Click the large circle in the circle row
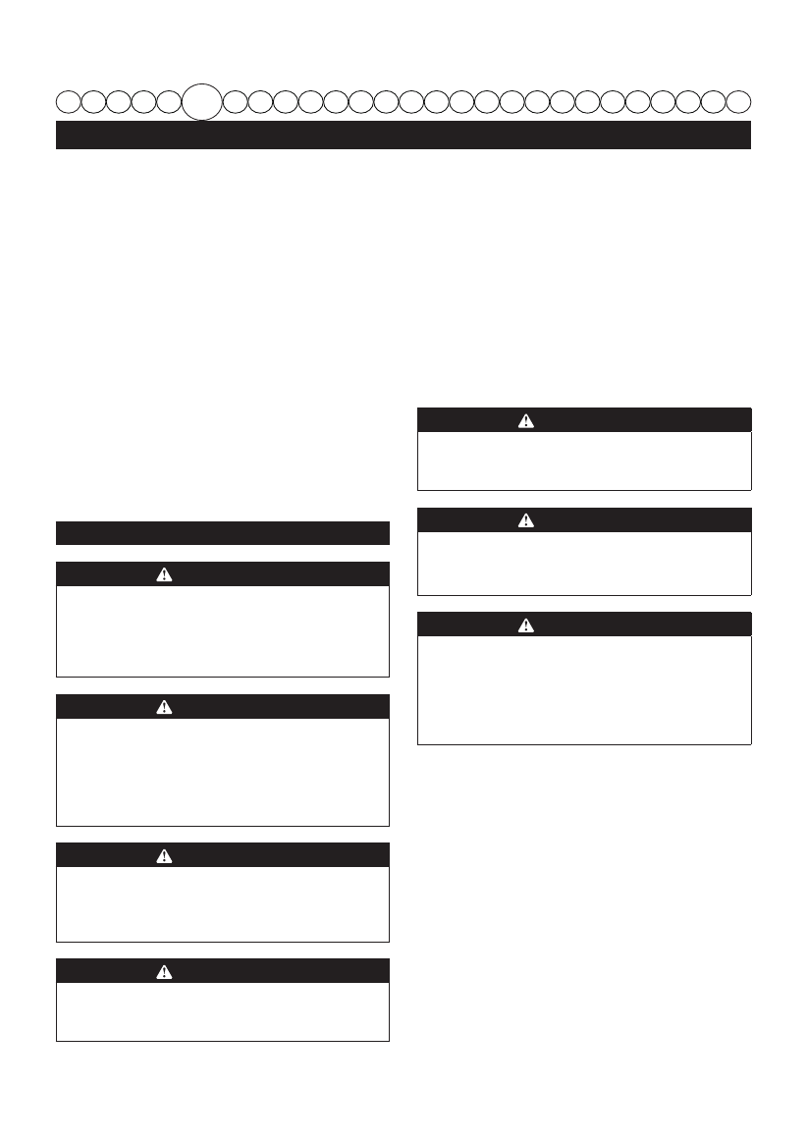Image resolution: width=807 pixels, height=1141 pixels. tap(202, 100)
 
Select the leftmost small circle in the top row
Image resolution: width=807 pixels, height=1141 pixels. tap(69, 100)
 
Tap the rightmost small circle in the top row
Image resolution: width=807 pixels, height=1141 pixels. tap(738, 100)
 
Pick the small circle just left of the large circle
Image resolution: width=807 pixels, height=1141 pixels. tap(169, 100)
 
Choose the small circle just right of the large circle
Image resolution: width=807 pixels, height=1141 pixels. tap(236, 100)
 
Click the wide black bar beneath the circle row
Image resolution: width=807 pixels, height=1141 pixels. tap(403, 135)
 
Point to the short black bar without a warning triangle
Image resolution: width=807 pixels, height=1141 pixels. tap(223, 532)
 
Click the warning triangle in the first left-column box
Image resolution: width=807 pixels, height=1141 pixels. tap(164, 574)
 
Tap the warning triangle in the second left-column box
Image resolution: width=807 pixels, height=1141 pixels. tap(164, 707)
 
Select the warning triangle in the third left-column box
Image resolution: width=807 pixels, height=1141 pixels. tap(164, 855)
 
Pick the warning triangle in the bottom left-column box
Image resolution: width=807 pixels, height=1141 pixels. tap(164, 971)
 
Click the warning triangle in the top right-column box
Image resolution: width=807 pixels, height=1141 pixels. tap(526, 420)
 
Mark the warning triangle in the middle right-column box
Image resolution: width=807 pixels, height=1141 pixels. tap(526, 520)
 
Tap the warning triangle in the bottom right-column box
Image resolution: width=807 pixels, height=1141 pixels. tap(526, 625)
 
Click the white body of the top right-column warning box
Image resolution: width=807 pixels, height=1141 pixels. tap(584, 461)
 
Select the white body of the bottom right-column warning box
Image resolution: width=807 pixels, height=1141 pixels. tap(584, 689)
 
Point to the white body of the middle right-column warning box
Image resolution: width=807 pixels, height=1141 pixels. tap(584, 564)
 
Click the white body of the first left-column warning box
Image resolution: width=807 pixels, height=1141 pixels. tap(223, 631)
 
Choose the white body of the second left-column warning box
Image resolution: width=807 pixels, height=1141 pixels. tap(223, 772)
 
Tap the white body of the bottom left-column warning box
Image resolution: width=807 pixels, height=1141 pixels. tap(223, 1011)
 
